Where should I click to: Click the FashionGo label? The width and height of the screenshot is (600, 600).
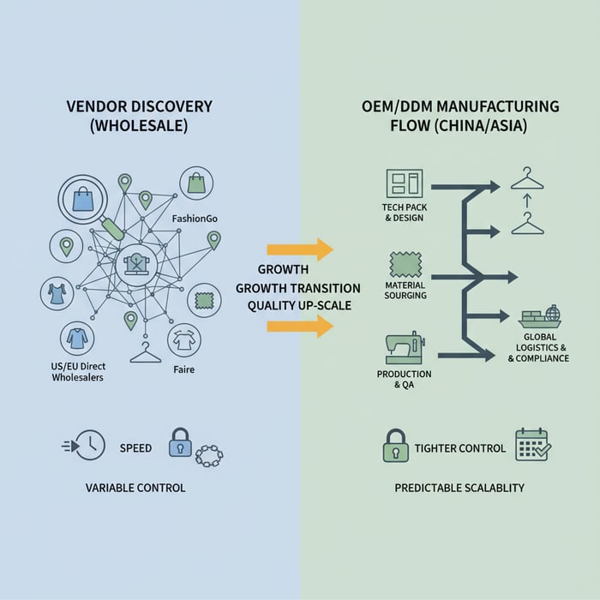click(x=195, y=219)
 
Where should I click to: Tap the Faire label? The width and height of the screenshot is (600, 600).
click(x=183, y=369)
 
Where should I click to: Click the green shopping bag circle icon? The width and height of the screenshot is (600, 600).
click(x=197, y=183)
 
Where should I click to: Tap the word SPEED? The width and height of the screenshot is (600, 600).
click(x=135, y=448)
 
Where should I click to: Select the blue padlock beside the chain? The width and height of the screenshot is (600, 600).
click(x=180, y=443)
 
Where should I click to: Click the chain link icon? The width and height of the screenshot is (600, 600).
click(x=209, y=454)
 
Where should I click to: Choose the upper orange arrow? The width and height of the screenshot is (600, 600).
click(x=299, y=249)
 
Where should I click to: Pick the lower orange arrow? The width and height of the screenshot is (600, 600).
click(x=299, y=326)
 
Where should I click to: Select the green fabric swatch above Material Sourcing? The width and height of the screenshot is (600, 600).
click(x=405, y=262)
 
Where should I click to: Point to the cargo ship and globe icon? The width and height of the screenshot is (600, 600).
click(x=539, y=315)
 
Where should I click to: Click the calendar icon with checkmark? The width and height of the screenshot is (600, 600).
click(x=532, y=446)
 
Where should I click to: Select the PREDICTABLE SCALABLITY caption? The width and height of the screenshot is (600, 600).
click(x=459, y=488)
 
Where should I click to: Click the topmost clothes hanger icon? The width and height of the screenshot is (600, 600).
click(x=528, y=180)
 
